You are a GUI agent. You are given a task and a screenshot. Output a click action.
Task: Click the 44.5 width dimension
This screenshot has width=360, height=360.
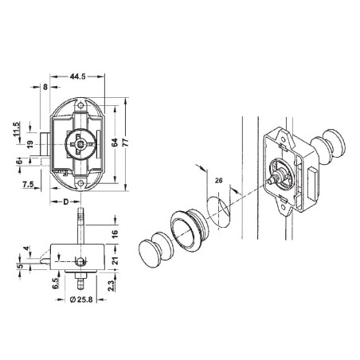point(77,76)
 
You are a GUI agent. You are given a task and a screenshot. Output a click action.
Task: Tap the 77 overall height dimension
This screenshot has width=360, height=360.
point(126,143)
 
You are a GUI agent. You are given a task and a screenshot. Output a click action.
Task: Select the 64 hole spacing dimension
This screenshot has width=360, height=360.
point(115,143)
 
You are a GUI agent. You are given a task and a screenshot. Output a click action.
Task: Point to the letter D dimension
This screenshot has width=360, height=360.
point(66,202)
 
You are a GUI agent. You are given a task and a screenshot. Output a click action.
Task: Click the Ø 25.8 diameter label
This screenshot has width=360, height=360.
point(81,299)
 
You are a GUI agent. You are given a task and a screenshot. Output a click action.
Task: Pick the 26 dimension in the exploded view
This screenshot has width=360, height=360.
point(219,181)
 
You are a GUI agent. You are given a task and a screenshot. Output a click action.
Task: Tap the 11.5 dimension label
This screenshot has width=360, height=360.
point(17,129)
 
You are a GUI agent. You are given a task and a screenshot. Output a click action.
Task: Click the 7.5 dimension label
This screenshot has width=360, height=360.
point(28,184)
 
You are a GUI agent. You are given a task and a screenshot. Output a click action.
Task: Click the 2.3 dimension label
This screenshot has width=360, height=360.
point(112,286)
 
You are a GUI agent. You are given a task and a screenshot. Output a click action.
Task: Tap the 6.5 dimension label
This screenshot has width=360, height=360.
point(56,284)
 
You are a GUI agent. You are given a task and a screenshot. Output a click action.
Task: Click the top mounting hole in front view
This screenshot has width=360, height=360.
point(80,105)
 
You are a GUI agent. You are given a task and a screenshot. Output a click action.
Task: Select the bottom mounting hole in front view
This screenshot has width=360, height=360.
point(80,182)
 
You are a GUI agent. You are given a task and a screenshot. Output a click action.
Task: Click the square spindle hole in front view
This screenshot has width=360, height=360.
point(80,144)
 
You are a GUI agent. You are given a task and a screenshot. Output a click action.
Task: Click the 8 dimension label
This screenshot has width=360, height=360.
point(45,87)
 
